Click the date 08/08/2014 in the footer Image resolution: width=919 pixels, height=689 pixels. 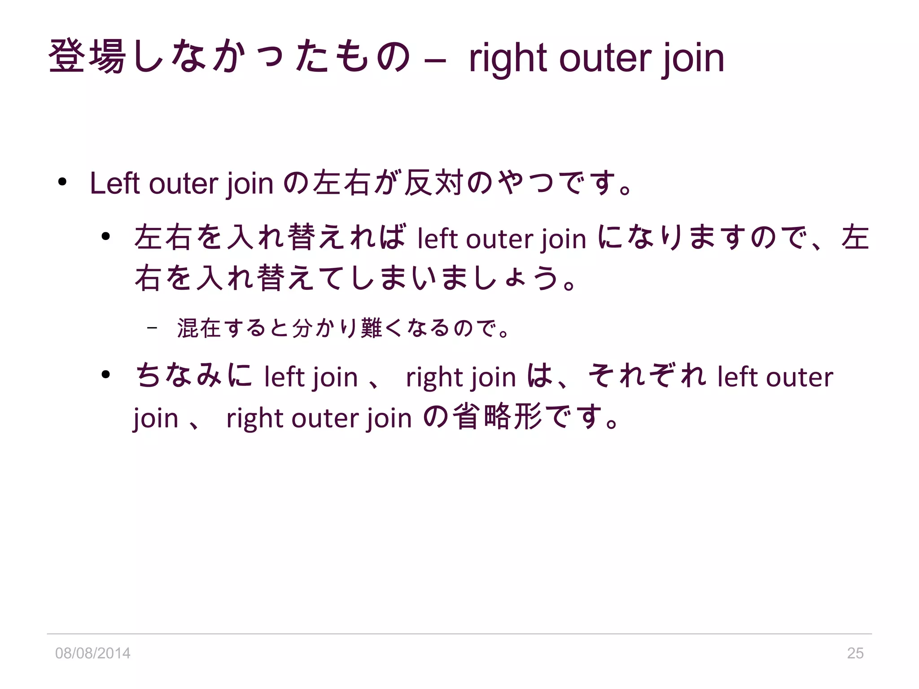[92, 653]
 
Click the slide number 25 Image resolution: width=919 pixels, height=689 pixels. [855, 653]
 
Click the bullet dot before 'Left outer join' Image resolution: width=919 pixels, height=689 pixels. [62, 182]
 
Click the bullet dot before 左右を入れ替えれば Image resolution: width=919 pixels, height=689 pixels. [106, 236]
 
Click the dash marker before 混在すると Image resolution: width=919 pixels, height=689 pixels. [152, 328]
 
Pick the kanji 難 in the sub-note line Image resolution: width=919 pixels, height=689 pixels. [371, 328]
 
